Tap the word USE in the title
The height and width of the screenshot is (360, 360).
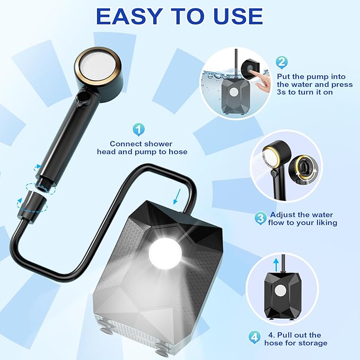click(238, 16)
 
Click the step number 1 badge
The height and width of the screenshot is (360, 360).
click(139, 130)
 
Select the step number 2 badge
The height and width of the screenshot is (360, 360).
click(282, 63)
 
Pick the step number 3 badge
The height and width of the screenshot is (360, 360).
click(260, 218)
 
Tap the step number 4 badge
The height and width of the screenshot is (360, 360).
click(254, 337)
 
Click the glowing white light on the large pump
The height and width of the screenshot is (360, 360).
click(165, 253)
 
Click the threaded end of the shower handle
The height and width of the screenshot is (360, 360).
click(44, 185)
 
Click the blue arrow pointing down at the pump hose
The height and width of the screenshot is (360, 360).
click(177, 196)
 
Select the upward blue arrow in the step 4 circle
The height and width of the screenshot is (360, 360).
click(276, 265)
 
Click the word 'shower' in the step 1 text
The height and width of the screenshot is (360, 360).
click(157, 144)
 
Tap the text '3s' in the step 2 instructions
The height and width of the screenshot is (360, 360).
click(282, 92)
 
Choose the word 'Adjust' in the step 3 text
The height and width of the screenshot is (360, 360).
click(283, 215)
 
